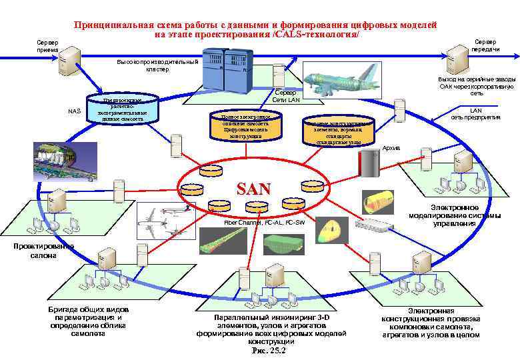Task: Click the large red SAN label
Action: click(x=254, y=188)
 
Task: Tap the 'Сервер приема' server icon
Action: click(x=69, y=61)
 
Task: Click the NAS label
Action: click(x=75, y=111)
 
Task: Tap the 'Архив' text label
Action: click(x=391, y=147)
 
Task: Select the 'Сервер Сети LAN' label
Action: click(x=287, y=96)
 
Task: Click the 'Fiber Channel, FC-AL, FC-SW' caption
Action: click(x=265, y=221)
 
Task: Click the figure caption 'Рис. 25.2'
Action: click(x=268, y=351)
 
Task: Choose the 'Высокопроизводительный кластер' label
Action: click(x=149, y=65)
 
